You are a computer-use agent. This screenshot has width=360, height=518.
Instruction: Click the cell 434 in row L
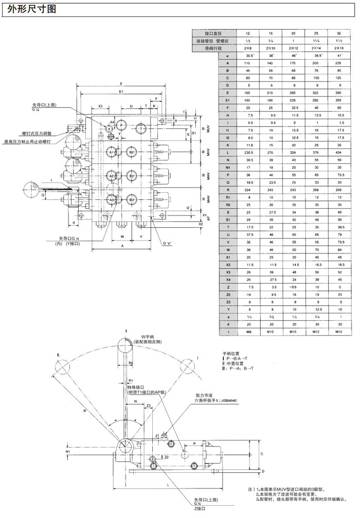(x=338, y=153)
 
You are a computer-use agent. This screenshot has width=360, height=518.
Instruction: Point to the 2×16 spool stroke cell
(x=338, y=47)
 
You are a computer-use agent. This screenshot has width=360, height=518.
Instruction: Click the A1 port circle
(x=112, y=153)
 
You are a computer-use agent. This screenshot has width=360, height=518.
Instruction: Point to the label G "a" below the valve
(x=167, y=242)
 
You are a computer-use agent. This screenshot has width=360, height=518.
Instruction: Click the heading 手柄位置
(x=231, y=354)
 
